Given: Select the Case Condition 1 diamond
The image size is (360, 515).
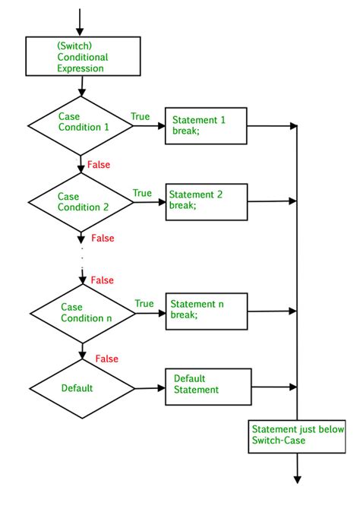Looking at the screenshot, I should [x=80, y=125].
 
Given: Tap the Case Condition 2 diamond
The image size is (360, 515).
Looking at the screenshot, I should [x=80, y=201].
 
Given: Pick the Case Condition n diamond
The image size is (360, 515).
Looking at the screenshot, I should [x=81, y=312].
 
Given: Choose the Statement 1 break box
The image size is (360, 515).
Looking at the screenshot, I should [x=207, y=125].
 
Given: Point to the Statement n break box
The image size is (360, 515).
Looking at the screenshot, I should [x=207, y=310].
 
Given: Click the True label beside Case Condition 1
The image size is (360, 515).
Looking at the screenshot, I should [x=141, y=116].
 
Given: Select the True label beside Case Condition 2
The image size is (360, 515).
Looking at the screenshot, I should [x=142, y=193].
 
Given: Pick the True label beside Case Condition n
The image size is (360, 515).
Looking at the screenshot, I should [x=144, y=304].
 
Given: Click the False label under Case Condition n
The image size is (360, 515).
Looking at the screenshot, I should [x=106, y=359].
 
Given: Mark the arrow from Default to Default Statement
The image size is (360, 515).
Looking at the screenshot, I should [x=149, y=388].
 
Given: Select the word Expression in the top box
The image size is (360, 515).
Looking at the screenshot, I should [x=80, y=68].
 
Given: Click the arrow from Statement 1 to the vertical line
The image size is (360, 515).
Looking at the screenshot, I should [x=272, y=125].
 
